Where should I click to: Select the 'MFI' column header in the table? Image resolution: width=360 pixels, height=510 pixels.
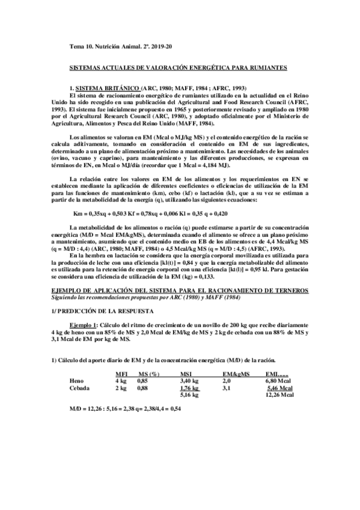pyautogui.click(x=120, y=375)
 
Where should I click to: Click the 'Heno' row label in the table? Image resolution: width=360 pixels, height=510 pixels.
pyautogui.click(x=76, y=381)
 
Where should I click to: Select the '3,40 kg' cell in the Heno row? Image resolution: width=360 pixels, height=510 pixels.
pyautogui.click(x=191, y=381)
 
